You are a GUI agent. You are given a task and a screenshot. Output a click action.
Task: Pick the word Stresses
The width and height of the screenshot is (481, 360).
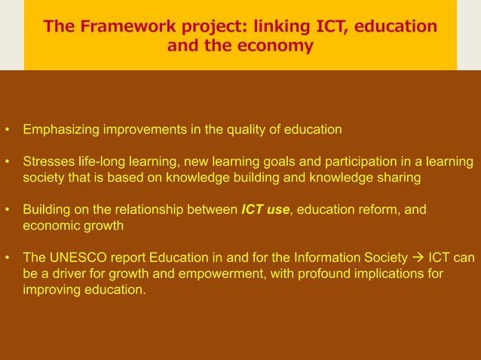pos(48,162)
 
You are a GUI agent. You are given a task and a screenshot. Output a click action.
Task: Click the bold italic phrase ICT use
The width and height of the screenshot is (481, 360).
pos(265,209)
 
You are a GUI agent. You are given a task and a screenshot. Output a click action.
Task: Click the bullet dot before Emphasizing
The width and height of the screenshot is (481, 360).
pos(7,130)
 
